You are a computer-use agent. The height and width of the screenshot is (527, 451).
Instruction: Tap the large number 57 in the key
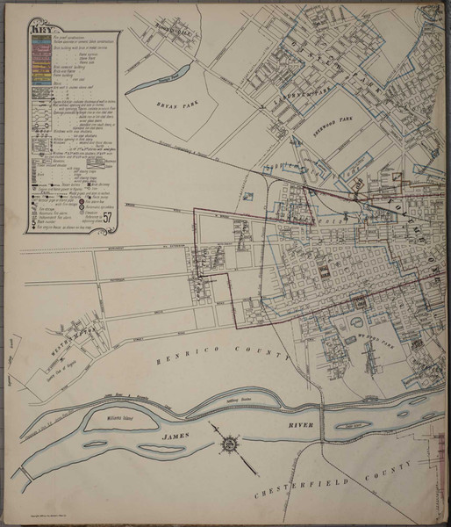click(107, 218)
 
